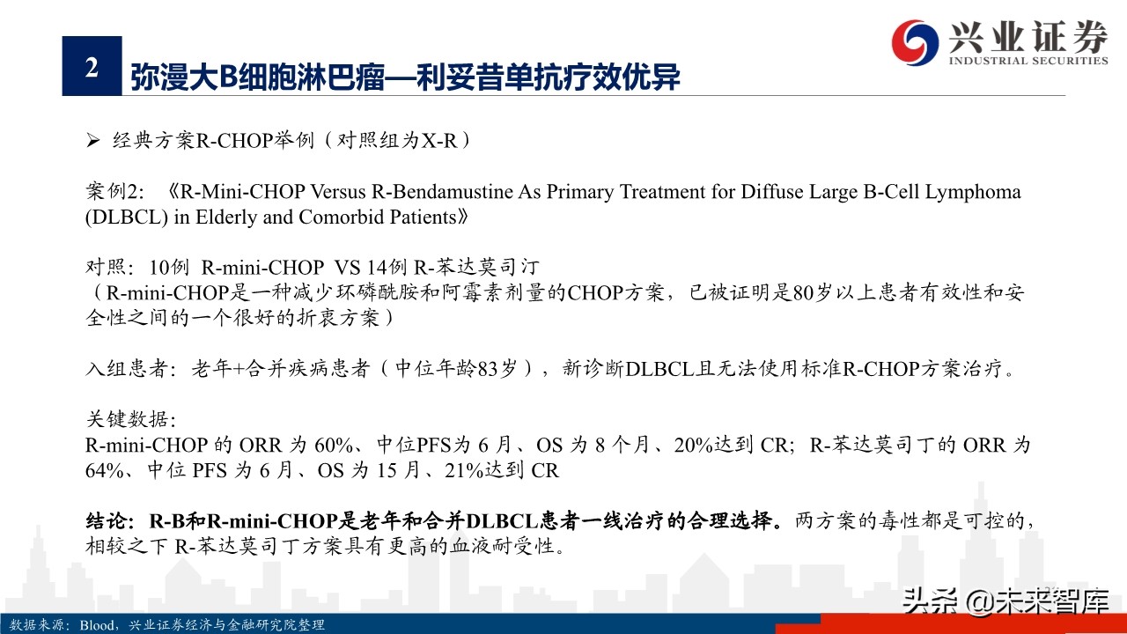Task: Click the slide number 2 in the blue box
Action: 91,68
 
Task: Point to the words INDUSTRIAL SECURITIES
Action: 1028,61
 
